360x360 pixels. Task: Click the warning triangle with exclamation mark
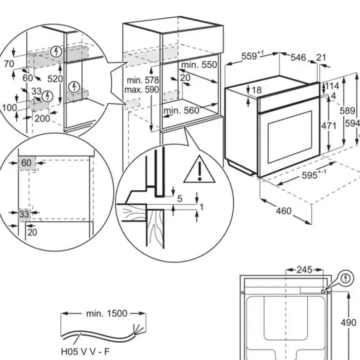[x=199, y=171]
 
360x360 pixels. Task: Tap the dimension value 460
[x=284, y=211]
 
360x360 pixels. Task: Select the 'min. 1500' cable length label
[x=106, y=314]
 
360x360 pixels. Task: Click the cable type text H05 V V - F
[x=85, y=351]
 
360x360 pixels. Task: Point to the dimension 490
[x=348, y=323]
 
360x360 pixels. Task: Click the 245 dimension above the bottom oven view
[x=304, y=270]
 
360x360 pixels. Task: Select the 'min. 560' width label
[x=181, y=110]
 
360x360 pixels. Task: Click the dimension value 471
[x=328, y=126]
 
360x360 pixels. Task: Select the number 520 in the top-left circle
[x=55, y=79]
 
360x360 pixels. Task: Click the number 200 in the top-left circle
[x=43, y=118]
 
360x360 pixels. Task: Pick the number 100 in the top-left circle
[x=9, y=108]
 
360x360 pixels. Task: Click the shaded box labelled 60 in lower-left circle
[x=26, y=163]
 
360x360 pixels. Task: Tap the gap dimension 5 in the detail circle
[x=180, y=198]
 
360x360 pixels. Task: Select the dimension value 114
[x=332, y=86]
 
